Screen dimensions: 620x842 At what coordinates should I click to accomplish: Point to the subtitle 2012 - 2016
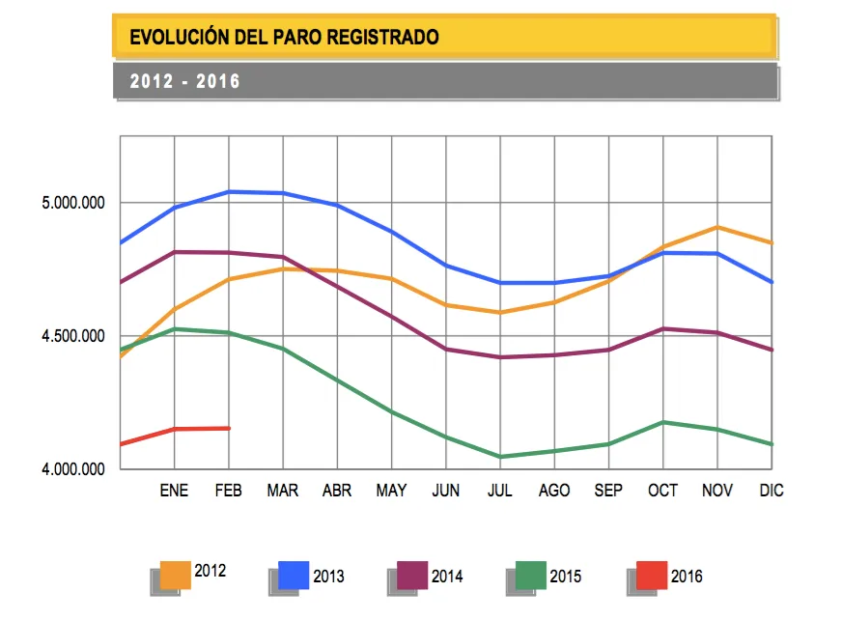[185, 82]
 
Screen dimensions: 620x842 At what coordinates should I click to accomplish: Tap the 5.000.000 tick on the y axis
[67, 203]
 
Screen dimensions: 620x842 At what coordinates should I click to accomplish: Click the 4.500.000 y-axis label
[67, 336]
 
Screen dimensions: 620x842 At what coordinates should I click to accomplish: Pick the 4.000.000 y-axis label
[67, 469]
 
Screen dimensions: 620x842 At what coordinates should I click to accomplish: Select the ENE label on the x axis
[174, 491]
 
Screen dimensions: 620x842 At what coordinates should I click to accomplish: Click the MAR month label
[283, 491]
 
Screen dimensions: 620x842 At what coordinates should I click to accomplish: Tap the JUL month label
[500, 491]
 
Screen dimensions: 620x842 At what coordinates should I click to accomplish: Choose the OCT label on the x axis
[663, 491]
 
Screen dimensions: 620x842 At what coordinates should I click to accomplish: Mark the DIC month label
[772, 491]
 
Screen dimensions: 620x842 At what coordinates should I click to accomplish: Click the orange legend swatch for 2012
[176, 575]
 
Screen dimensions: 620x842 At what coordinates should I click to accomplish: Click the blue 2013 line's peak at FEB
[229, 191]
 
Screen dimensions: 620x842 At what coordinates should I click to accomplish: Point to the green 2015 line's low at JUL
[500, 457]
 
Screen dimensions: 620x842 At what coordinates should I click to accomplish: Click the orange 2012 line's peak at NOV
[717, 227]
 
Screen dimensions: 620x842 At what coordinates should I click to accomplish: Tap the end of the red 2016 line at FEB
[229, 428]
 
